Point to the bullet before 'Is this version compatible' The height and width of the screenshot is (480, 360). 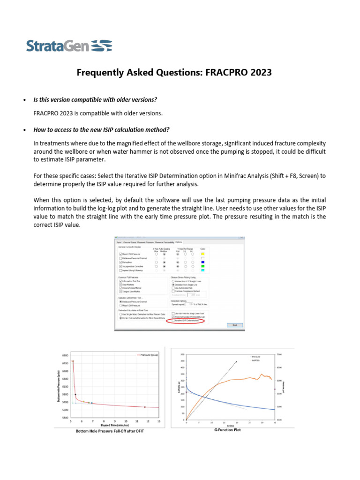pos(24,100)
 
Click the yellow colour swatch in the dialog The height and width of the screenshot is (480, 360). pos(202,254)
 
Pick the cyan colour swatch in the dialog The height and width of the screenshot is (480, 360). pos(202,270)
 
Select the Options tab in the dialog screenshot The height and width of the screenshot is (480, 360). pos(179,242)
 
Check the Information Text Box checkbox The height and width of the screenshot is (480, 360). pos(120,281)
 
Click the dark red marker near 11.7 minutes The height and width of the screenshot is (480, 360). pos(145,407)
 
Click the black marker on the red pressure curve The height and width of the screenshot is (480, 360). pos(75,394)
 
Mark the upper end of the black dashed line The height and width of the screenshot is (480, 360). pos(237,361)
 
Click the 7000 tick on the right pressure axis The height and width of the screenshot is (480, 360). pos(278,354)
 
